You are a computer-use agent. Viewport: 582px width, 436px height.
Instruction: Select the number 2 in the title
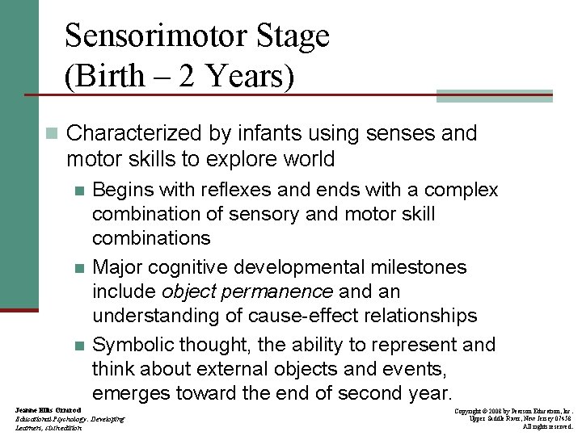pyautogui.click(x=187, y=77)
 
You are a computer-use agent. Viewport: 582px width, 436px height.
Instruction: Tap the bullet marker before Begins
pyautogui.click(x=78, y=191)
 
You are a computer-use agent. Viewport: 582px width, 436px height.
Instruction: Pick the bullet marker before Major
pyautogui.click(x=78, y=268)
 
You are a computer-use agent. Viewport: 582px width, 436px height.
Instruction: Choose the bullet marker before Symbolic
pyautogui.click(x=78, y=346)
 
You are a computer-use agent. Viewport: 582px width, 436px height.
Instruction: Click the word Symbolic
pyautogui.click(x=133, y=345)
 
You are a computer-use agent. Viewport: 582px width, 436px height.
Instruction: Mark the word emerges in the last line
pyautogui.click(x=128, y=393)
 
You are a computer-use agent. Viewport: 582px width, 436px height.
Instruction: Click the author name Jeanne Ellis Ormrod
pyautogui.click(x=48, y=410)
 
